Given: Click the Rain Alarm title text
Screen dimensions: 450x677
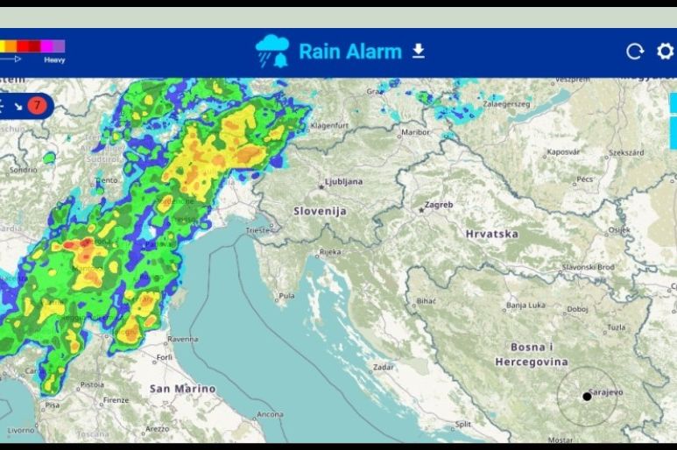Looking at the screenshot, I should pyautogui.click(x=349, y=51).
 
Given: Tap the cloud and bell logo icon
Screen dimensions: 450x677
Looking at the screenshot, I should pyautogui.click(x=272, y=51).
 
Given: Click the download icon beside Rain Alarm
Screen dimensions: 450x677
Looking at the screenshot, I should pyautogui.click(x=419, y=51).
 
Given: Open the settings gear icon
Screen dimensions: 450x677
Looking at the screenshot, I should pyautogui.click(x=665, y=52).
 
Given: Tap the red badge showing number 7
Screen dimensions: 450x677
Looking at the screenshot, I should pyautogui.click(x=37, y=106).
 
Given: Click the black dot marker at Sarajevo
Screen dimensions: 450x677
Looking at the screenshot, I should pyautogui.click(x=587, y=397).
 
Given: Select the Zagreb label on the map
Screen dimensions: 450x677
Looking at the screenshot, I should pyautogui.click(x=439, y=205).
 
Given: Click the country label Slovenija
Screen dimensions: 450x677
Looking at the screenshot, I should pyautogui.click(x=320, y=211).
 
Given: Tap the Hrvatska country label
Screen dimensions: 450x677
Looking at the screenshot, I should pyautogui.click(x=491, y=234).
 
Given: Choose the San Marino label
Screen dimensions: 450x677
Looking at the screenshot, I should pyautogui.click(x=182, y=388).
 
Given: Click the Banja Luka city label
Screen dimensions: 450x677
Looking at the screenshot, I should pyautogui.click(x=526, y=306).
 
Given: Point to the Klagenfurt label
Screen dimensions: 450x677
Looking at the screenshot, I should pyautogui.click(x=329, y=125).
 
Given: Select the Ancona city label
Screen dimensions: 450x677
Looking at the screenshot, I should pyautogui.click(x=269, y=414).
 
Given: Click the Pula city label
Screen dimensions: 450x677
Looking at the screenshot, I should pyautogui.click(x=286, y=297).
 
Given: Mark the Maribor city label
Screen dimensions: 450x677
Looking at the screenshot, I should pyautogui.click(x=415, y=132).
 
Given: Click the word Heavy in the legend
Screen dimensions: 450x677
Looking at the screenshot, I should pyautogui.click(x=54, y=60).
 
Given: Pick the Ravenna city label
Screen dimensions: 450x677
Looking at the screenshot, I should pyautogui.click(x=183, y=339).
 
